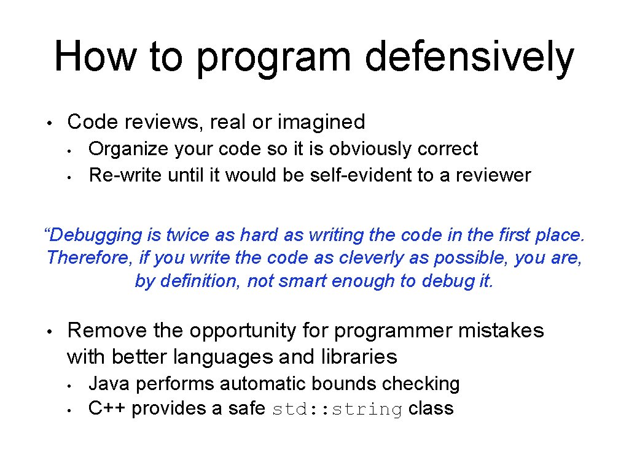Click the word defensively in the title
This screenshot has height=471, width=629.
point(469,56)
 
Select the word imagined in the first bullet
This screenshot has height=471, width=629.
point(321,122)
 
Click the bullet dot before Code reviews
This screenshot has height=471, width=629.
point(53,123)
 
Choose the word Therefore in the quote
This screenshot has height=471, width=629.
point(87,258)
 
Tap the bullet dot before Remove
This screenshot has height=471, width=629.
point(53,332)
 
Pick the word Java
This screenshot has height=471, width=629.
point(109,384)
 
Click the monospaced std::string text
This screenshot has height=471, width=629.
point(337,409)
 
